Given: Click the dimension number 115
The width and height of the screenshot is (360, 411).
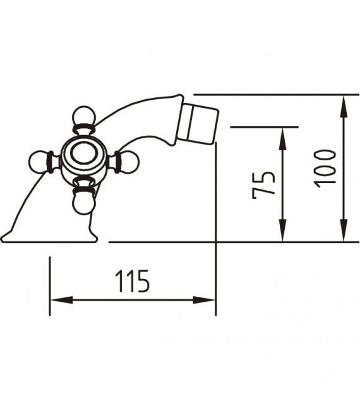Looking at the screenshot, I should click(132, 281).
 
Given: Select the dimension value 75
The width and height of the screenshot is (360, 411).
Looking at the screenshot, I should click(263, 184).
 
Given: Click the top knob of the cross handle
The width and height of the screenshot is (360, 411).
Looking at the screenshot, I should click(83, 117).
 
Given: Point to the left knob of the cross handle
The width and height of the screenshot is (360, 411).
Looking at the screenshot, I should click(40, 162).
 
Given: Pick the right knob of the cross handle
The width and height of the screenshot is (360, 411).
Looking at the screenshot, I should click(128, 162).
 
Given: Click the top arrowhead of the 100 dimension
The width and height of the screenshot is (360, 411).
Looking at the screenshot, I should click(344, 103).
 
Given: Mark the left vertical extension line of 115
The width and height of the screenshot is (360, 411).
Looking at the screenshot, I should click(49, 284).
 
